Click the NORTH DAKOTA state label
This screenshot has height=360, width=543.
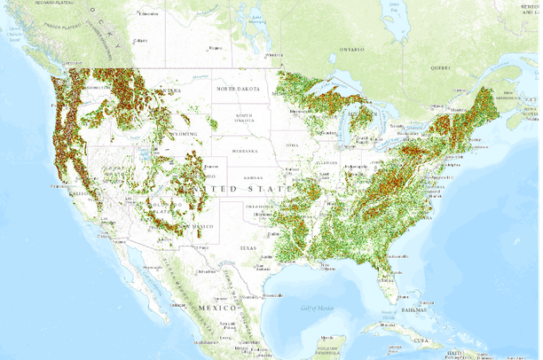pyautogui.click(x=237, y=89)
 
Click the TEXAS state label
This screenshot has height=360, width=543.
pyautogui.click(x=246, y=248)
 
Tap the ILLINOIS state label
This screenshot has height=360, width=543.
pyautogui.click(x=328, y=162)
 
